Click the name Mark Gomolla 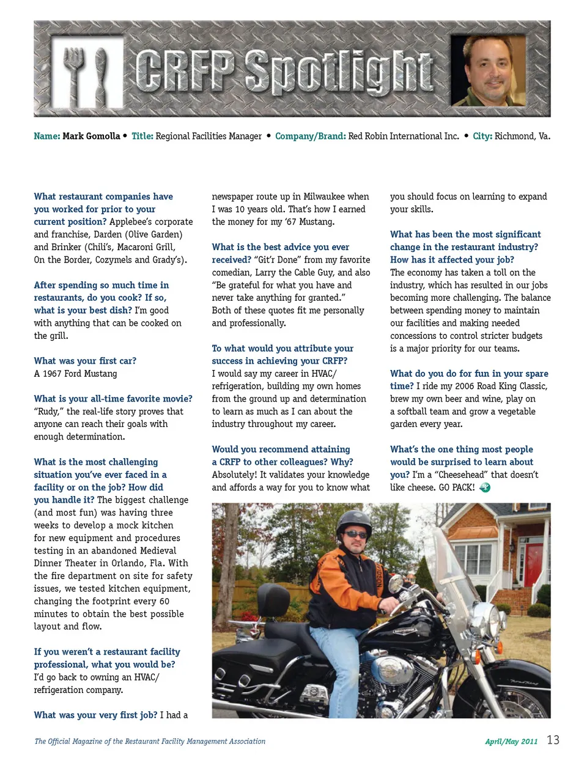click(x=91, y=136)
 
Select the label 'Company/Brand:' click(x=310, y=136)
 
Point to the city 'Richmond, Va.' click(x=522, y=136)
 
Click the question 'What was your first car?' click(x=85, y=361)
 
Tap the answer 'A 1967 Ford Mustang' click(x=75, y=374)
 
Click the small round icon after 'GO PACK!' click(x=485, y=488)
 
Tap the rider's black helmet click(x=354, y=522)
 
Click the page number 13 click(x=553, y=740)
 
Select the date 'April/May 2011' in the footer click(x=511, y=741)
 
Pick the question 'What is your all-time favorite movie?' click(x=113, y=399)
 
